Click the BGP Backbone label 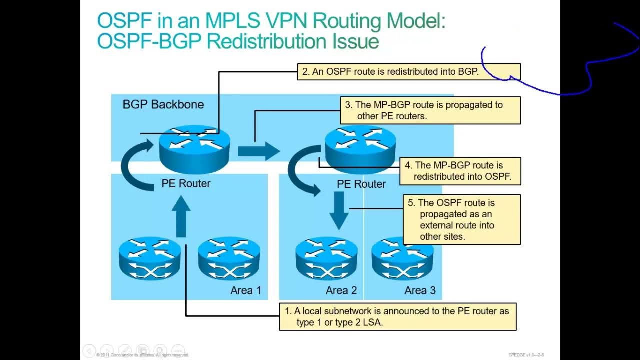coord(163,105)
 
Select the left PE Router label coord(186,183)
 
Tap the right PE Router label coord(361,184)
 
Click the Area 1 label coord(245,290)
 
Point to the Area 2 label coord(341,290)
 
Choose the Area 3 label coord(420,290)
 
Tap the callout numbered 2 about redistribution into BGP coord(408,72)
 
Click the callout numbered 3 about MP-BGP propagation coord(430,110)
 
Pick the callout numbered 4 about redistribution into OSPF coord(460,171)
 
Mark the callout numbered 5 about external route coord(461,219)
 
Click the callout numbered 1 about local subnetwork coord(397,316)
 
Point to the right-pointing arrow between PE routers coord(258,151)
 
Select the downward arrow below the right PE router coord(339,210)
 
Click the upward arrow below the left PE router coord(181,216)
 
